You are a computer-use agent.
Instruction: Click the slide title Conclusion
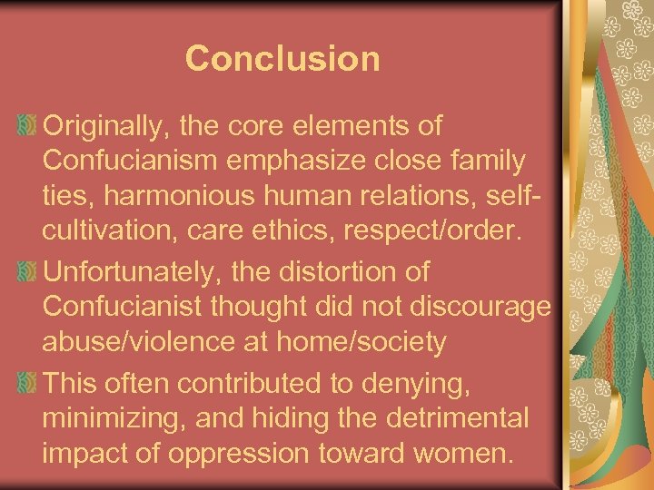[282, 59]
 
